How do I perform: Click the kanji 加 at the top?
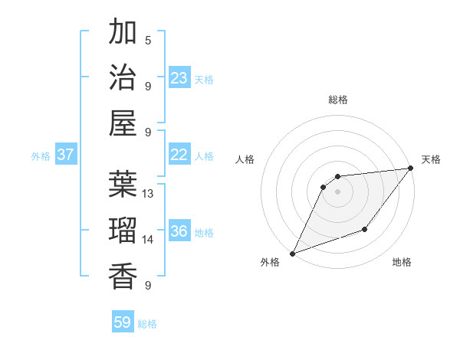pyautogui.click(x=123, y=33)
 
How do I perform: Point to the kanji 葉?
pyautogui.click(x=123, y=185)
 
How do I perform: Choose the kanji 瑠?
pyautogui.click(x=123, y=230)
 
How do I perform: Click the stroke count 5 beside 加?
pyautogui.click(x=148, y=40)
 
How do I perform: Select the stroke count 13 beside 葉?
pyautogui.click(x=149, y=193)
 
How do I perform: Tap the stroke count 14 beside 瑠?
pyautogui.click(x=149, y=240)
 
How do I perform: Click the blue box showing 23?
pyautogui.click(x=179, y=78)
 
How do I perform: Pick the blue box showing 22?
pyautogui.click(x=179, y=155)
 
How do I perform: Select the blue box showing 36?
pyautogui.click(x=179, y=232)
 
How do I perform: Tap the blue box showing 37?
pyautogui.click(x=65, y=155)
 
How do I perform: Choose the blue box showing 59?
pyautogui.click(x=123, y=322)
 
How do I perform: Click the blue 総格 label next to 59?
pyautogui.click(x=147, y=324)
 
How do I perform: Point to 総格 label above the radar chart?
pyautogui.click(x=338, y=100)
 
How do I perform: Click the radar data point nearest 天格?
pyautogui.click(x=412, y=168)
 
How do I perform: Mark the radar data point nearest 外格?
pyautogui.click(x=292, y=254)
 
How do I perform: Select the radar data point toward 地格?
pyautogui.click(x=366, y=229)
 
